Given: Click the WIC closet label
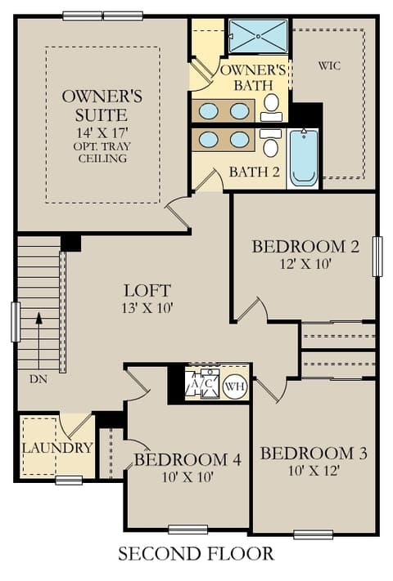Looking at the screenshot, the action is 329,66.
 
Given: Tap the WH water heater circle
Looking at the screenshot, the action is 235,387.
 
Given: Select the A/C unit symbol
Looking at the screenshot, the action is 202,384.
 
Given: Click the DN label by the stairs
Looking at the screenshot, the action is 38,379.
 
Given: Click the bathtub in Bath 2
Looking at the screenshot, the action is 304,158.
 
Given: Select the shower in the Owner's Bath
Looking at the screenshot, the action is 258,36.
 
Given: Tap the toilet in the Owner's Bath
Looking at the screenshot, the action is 272,107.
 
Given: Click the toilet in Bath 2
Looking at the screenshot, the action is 271,143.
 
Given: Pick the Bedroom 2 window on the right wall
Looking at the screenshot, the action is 377,257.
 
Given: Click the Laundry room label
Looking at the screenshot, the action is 57,448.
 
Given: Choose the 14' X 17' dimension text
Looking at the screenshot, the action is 102,132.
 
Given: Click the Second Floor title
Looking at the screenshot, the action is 196,554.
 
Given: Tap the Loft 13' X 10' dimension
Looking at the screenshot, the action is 147,308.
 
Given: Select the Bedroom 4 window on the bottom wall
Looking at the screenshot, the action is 187,530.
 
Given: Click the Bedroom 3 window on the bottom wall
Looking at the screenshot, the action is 314,534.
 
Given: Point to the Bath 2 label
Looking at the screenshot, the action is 254,172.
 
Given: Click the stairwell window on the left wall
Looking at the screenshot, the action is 16,322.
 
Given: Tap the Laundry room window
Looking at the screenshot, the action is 69,480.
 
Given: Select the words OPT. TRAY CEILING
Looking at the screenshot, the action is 102,152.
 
